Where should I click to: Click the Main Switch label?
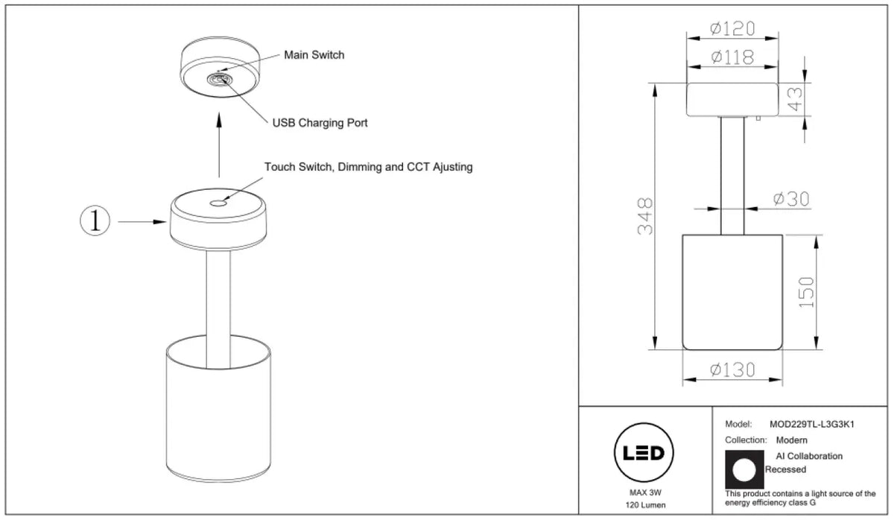point(314,55)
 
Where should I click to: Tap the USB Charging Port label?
point(320,123)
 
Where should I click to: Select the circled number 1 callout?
point(95,221)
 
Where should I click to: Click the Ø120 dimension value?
point(733,29)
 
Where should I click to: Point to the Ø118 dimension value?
point(733,57)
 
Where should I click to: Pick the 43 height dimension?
point(795,99)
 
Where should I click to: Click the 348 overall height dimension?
point(645,216)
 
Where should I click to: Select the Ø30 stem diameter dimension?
point(791,199)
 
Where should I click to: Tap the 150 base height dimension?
point(806,292)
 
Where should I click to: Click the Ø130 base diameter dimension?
point(733,370)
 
